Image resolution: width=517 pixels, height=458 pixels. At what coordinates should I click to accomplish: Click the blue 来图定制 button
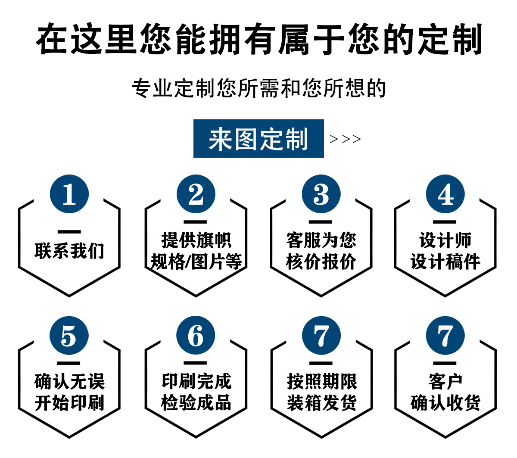(258, 139)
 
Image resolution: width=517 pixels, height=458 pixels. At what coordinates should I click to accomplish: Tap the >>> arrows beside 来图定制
(345, 139)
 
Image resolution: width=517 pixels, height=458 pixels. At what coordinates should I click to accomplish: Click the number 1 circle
(69, 194)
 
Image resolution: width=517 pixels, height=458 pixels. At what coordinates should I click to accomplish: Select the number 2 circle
(196, 194)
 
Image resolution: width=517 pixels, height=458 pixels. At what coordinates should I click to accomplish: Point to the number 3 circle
(321, 194)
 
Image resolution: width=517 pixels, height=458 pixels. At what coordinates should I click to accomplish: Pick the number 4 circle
(445, 194)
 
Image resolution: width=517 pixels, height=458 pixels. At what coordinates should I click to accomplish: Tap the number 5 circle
(69, 336)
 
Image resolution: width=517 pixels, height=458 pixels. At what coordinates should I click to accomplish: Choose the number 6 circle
(196, 336)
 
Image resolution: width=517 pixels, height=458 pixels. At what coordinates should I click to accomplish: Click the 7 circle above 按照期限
(321, 336)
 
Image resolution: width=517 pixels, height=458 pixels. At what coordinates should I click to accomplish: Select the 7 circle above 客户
(445, 336)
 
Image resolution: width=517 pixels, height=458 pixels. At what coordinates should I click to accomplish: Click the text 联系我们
(69, 251)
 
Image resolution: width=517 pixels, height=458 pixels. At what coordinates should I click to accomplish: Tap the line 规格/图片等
(196, 262)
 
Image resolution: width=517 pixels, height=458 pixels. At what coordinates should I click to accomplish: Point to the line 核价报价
(321, 262)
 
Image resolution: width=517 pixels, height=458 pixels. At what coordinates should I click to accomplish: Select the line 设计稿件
(445, 262)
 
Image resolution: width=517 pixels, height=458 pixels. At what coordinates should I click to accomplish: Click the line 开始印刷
(69, 403)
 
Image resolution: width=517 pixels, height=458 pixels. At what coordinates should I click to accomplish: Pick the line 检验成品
(196, 403)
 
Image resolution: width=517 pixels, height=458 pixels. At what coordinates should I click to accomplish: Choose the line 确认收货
(445, 403)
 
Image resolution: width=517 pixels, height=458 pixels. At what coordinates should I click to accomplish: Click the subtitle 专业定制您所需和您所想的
(258, 88)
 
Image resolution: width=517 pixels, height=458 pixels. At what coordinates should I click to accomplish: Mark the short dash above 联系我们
(69, 232)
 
